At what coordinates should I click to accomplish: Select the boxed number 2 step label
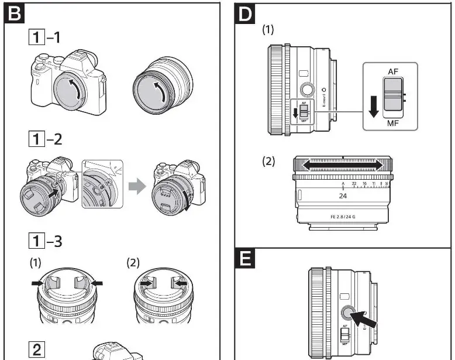pos(36,351)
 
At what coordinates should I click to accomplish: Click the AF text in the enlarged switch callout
pos(392,71)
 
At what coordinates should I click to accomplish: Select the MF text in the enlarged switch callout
pos(392,124)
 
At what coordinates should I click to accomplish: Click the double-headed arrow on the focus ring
pos(343,166)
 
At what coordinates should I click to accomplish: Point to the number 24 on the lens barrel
pos(343,196)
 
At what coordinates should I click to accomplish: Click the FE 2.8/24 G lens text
pos(343,216)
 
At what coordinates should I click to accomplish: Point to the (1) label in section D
pos(268,28)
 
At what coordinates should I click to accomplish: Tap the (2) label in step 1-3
pos(133,263)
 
